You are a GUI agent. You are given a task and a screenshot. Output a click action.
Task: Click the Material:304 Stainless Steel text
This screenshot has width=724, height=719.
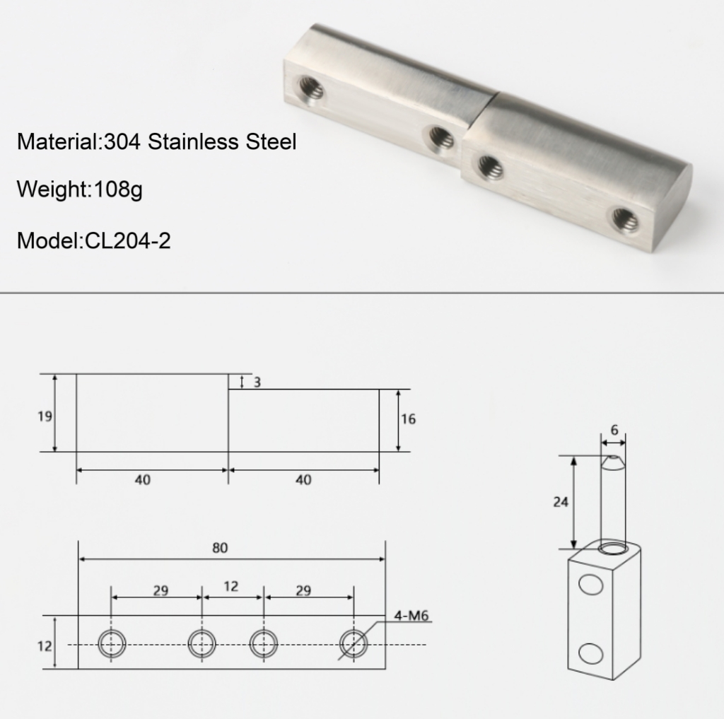click(x=156, y=141)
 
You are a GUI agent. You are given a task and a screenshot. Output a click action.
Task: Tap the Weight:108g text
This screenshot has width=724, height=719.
click(x=79, y=189)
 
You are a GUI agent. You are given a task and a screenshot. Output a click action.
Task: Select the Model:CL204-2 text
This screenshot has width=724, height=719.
click(x=94, y=240)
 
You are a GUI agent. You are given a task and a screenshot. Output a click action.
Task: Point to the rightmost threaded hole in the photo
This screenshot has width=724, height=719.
click(x=626, y=219)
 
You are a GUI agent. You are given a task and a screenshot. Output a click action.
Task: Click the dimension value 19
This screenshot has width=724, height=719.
click(x=45, y=416)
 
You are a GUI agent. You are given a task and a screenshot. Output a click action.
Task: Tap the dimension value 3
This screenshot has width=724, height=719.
click(x=257, y=382)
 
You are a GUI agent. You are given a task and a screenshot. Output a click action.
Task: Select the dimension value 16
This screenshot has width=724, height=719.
click(x=408, y=419)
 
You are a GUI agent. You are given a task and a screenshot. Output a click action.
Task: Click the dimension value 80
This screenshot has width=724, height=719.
click(x=220, y=548)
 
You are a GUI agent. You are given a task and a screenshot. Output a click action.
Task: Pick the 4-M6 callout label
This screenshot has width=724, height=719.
click(x=411, y=616)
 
